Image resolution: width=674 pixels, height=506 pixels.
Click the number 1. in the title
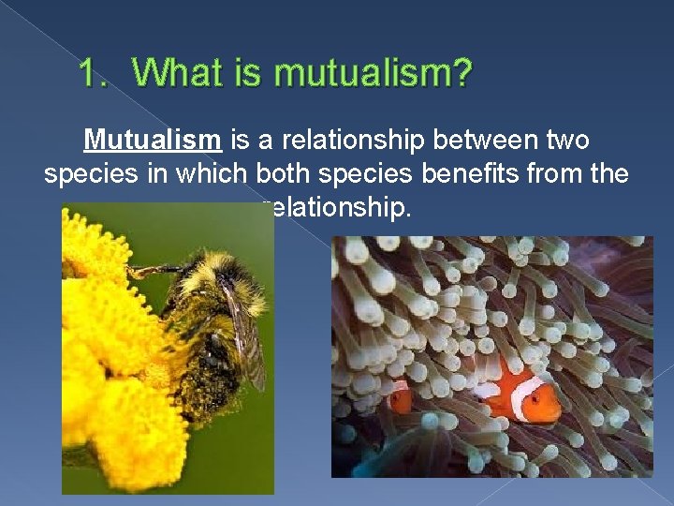pyautogui.click(x=94, y=73)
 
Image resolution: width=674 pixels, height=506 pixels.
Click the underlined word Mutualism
pyautogui.click(x=153, y=141)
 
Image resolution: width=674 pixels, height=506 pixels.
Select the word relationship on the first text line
pyautogui.click(x=342, y=141)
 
